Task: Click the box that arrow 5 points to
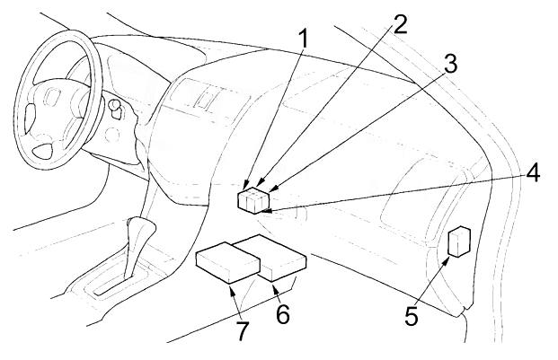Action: click(459, 242)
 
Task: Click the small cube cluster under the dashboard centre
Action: click(253, 199)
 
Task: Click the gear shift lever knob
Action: click(138, 229)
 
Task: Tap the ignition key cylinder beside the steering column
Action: click(115, 108)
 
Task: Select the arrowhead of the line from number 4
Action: click(266, 212)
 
